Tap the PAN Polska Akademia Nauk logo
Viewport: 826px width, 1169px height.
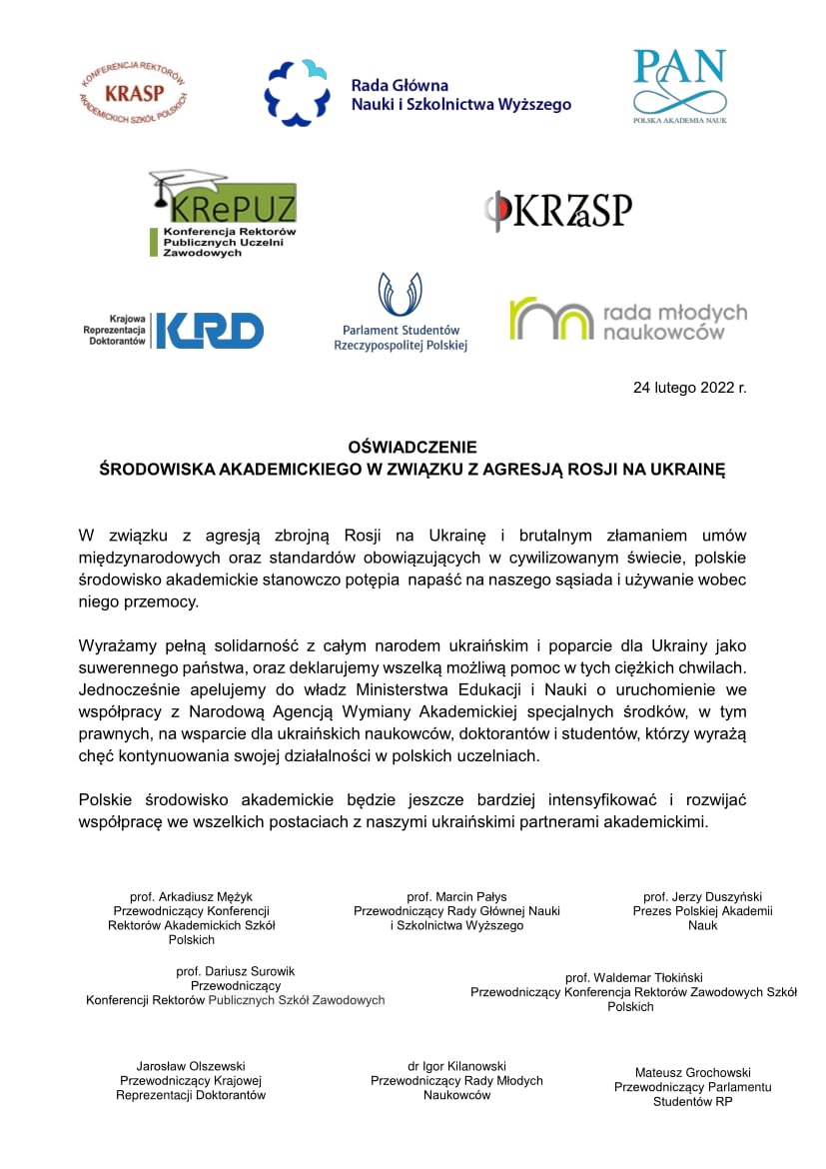pos(680,86)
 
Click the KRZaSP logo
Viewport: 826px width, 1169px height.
pos(558,211)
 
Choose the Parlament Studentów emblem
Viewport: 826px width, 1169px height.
pos(400,296)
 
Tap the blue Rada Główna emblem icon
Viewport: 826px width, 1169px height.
pos(297,93)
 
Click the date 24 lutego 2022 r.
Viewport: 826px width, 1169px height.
pos(689,387)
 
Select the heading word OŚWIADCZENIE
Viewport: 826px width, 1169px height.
pos(413,447)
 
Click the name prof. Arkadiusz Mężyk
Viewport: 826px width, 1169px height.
pos(191,896)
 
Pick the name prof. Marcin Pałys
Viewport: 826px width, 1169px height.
pos(456,896)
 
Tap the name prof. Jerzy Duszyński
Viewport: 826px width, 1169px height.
pos(702,896)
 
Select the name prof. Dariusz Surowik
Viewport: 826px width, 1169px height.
pos(235,970)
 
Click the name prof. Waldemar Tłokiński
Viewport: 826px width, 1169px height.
pos(633,977)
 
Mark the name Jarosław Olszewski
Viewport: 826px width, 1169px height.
pos(191,1066)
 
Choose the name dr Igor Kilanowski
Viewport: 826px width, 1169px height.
pos(456,1066)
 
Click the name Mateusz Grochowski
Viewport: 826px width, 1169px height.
pos(693,1072)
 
